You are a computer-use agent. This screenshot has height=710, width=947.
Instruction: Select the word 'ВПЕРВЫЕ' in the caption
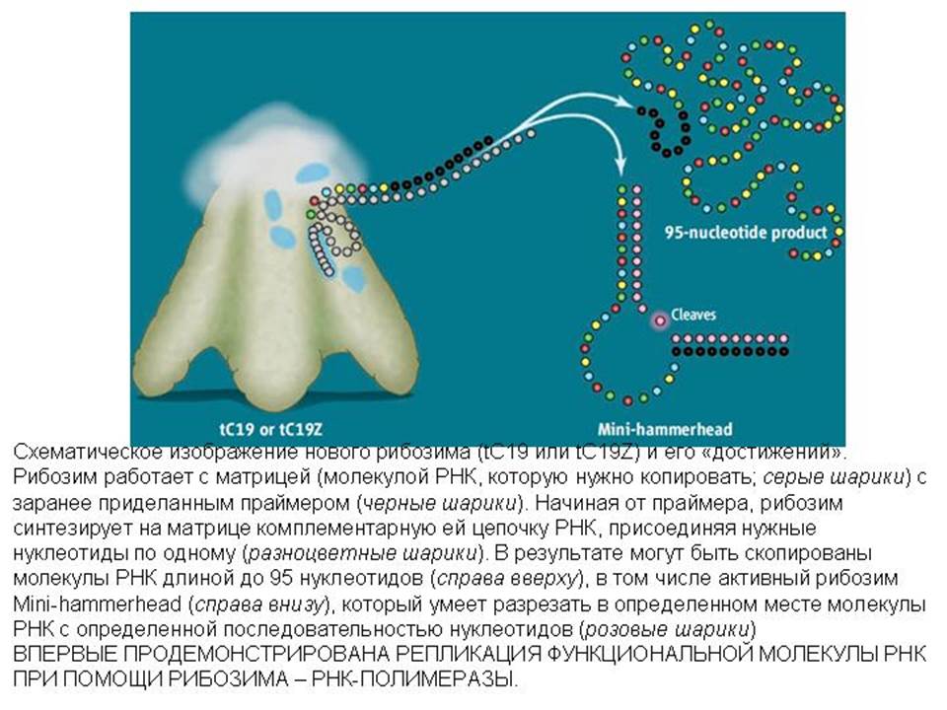pos(58,655)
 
